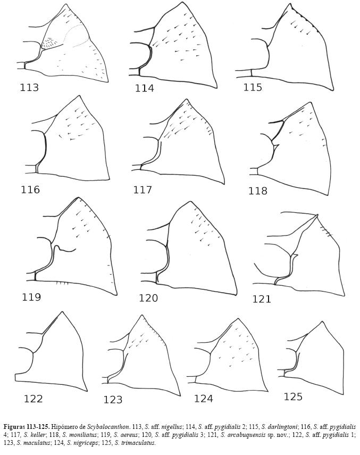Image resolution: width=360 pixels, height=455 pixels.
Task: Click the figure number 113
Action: (x=29, y=87)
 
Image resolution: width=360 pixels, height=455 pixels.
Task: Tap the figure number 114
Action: (x=144, y=88)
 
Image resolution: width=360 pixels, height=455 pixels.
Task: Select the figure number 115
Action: (x=253, y=87)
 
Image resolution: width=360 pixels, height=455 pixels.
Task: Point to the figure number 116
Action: (x=30, y=189)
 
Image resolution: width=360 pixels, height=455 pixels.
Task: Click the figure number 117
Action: (x=143, y=190)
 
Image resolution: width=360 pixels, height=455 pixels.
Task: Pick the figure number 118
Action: (x=258, y=191)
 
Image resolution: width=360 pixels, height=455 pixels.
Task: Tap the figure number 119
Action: (x=31, y=297)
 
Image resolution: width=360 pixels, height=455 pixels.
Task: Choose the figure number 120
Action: (x=148, y=297)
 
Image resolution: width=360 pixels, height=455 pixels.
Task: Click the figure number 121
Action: (x=262, y=299)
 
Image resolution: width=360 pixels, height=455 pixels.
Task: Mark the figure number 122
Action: (x=33, y=399)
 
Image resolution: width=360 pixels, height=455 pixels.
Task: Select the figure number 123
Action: (x=113, y=400)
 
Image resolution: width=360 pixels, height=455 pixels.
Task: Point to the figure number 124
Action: (x=204, y=399)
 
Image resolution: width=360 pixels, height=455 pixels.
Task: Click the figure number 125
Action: (x=293, y=396)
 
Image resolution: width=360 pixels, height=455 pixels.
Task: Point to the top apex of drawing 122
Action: (x=62, y=312)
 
